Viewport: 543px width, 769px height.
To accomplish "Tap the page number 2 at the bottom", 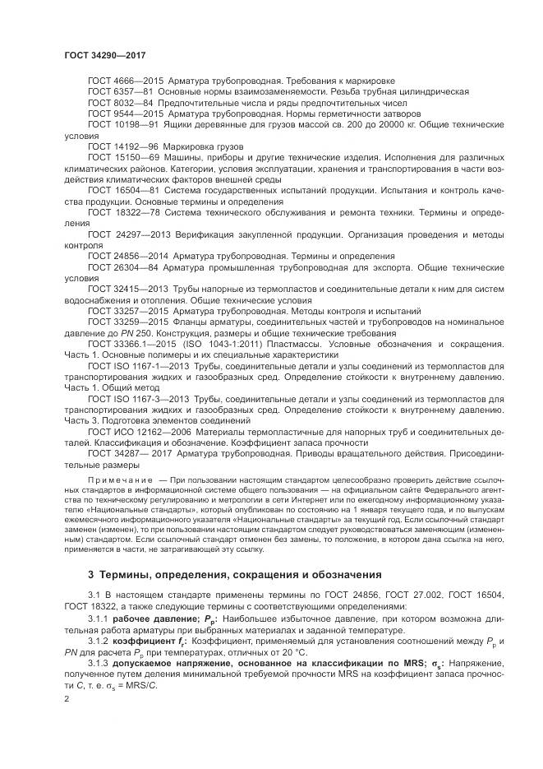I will [67, 701].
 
